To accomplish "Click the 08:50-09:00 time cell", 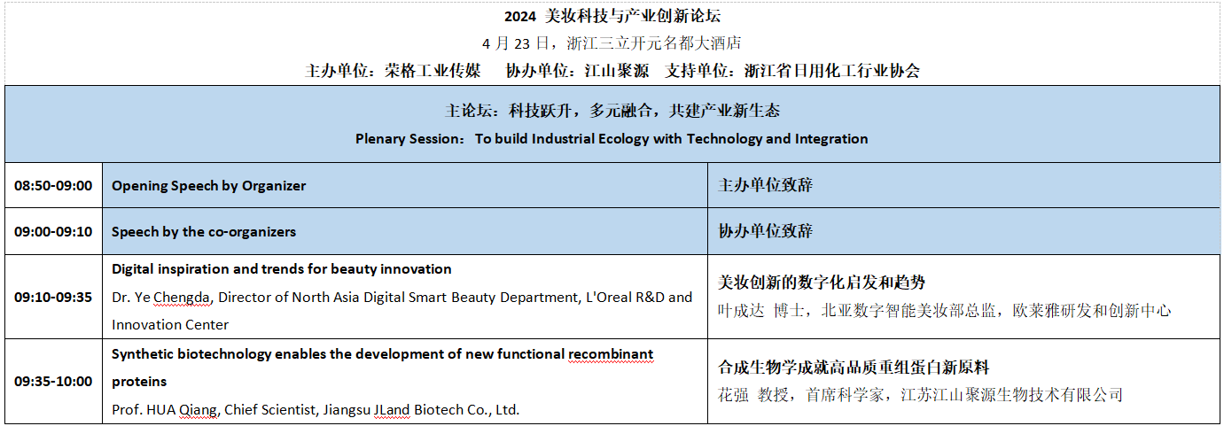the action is point(53,186).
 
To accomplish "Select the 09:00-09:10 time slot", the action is point(53,231).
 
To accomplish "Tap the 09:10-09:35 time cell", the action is point(53,297).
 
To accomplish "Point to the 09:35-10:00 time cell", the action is point(53,381).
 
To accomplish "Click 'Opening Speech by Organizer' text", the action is point(209,186).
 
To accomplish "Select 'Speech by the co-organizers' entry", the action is point(204,232).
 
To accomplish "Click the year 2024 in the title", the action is point(519,16).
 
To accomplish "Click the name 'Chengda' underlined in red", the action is point(182,298).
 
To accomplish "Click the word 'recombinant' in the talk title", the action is point(611,354).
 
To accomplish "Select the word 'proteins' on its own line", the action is point(139,382).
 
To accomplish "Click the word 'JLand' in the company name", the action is point(392,409).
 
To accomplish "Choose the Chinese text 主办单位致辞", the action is point(765,185).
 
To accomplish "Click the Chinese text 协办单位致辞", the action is point(765,231).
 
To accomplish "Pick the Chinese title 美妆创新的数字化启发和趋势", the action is point(822,283).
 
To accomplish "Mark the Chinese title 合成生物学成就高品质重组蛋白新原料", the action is point(854,367).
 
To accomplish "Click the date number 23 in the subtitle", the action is point(522,43).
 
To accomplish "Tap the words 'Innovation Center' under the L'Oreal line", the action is point(170,325).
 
